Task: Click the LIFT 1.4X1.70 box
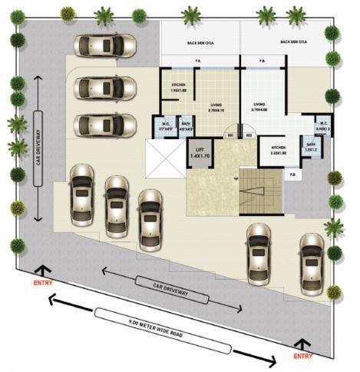pyautogui.click(x=200, y=155)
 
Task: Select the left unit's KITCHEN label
pyautogui.click(x=178, y=88)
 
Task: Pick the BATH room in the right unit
pyautogui.click(x=311, y=148)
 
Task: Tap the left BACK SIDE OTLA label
pyautogui.click(x=200, y=42)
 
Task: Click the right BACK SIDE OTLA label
pyautogui.click(x=294, y=42)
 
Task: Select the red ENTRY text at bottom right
pyautogui.click(x=304, y=356)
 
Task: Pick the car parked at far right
pyautogui.click(x=312, y=263)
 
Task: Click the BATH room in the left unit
pyautogui.click(x=186, y=127)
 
